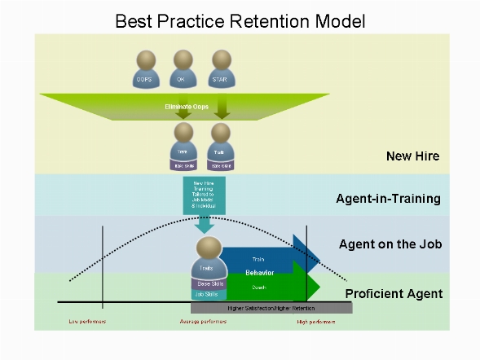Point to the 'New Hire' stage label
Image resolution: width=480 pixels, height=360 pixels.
[413, 156]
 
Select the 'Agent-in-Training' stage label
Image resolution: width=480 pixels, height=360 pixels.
[389, 199]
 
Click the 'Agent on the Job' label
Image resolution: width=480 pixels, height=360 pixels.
[390, 244]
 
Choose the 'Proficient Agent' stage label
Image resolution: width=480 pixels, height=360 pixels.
[394, 294]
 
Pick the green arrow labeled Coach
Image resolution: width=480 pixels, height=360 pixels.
[265, 288]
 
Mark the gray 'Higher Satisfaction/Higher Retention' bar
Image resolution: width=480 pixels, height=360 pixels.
[271, 309]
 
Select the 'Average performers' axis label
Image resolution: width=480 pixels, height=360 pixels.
[203, 323]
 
